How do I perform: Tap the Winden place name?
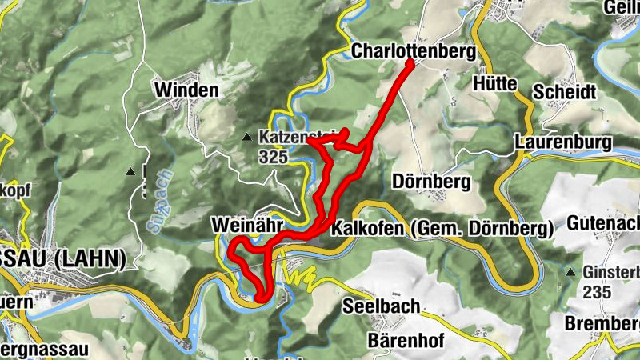(187, 90)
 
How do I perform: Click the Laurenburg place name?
(563, 142)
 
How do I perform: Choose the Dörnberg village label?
(432, 182)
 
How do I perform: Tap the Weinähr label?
(244, 226)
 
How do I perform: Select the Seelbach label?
(382, 306)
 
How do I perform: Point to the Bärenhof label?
(406, 340)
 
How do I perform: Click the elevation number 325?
(273, 157)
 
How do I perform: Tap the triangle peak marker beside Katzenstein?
(248, 139)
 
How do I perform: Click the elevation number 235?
(601, 292)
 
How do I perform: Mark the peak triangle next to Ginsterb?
(571, 274)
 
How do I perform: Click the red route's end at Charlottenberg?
(410, 63)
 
